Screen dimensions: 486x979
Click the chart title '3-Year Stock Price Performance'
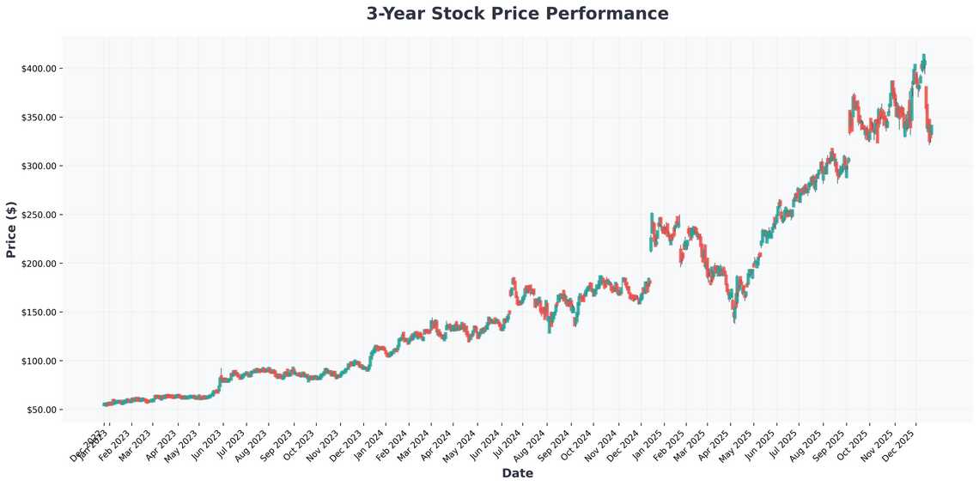(517, 14)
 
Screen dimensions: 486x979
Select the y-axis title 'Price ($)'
(11, 228)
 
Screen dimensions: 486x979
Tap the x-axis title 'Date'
(517, 473)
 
